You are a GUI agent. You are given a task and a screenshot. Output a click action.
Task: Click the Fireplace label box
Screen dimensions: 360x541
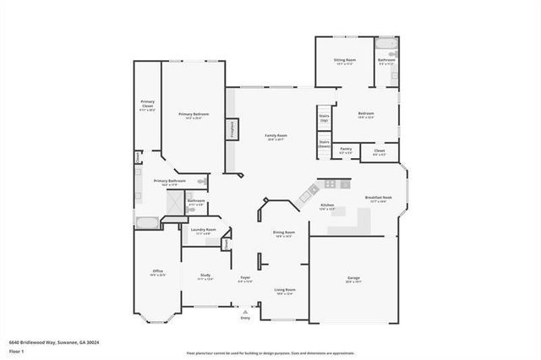tap(230, 128)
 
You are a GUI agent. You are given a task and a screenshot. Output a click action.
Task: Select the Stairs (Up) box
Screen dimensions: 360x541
tap(324, 118)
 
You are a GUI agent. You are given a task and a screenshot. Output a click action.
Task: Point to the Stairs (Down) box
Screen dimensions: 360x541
tap(324, 145)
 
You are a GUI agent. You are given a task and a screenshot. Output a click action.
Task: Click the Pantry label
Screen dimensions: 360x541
tap(346, 150)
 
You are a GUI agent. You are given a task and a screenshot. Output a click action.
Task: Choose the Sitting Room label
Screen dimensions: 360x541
tap(344, 62)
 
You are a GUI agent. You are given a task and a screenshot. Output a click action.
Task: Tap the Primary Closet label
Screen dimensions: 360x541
tap(147, 108)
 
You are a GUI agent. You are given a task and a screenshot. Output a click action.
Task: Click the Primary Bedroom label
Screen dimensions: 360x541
tap(194, 116)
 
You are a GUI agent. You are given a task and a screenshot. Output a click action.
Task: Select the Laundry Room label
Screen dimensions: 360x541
tap(204, 231)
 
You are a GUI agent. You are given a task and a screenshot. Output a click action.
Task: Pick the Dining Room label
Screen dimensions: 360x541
tap(283, 234)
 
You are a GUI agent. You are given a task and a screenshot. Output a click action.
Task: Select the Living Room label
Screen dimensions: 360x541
tap(284, 292)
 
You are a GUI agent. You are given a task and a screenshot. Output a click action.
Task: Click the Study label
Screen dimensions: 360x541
tap(205, 275)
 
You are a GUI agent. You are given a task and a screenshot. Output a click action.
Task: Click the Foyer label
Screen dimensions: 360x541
tap(245, 279)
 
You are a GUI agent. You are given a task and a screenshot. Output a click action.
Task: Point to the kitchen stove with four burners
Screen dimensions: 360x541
tap(328, 184)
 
